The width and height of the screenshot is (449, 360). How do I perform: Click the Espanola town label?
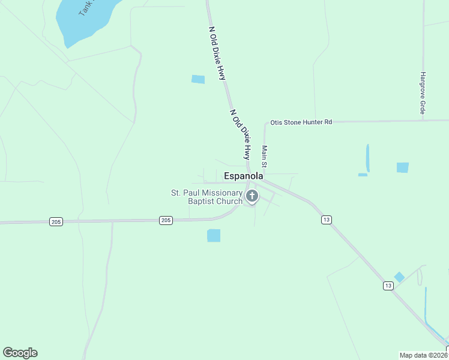point(243,176)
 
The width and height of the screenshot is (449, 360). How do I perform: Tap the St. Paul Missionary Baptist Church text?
point(206,197)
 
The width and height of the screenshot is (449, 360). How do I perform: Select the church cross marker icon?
point(252,196)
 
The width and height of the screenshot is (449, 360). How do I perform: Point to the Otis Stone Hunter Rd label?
point(301,122)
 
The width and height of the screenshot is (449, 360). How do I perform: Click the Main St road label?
point(264,157)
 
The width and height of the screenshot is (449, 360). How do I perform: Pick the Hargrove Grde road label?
point(423,94)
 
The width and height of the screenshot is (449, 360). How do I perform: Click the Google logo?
point(20,353)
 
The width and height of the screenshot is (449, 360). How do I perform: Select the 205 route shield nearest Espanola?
point(166,221)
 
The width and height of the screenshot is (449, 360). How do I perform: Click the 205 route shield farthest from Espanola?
point(56,222)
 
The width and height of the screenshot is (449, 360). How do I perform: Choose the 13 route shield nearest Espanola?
point(326,220)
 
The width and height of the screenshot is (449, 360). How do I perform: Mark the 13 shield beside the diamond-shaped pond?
point(388,286)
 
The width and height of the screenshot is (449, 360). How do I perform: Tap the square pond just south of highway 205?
point(214,235)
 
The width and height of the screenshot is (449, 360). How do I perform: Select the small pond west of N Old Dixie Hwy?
point(198,79)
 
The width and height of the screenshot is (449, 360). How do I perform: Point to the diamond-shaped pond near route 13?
point(399,277)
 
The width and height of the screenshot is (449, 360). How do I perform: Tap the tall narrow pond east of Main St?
point(367,158)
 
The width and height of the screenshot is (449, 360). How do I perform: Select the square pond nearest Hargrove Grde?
point(402,167)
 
